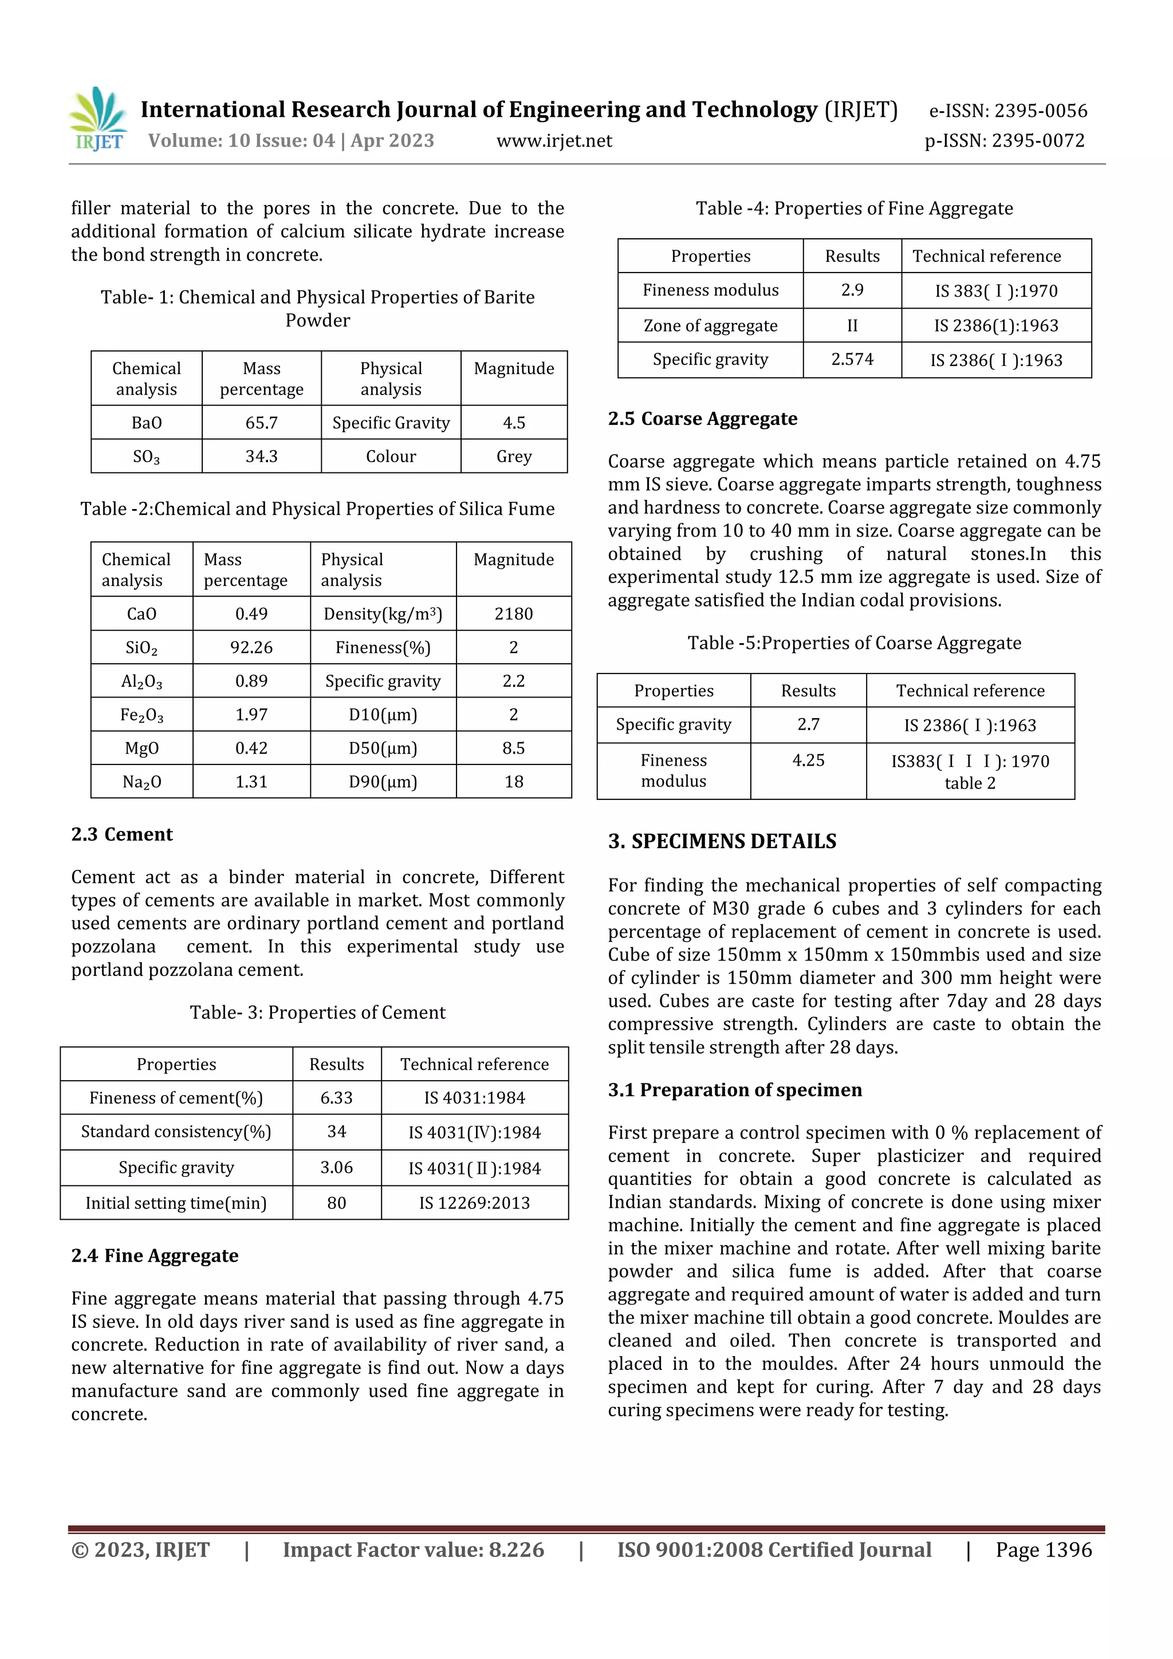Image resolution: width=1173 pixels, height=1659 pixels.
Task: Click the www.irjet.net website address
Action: pyautogui.click(x=554, y=141)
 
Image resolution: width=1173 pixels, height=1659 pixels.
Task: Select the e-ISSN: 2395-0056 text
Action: pyautogui.click(x=1007, y=111)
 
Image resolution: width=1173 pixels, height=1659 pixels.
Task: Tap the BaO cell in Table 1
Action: pyautogui.click(x=147, y=423)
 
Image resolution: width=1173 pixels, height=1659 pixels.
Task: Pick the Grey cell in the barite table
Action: pyautogui.click(x=514, y=456)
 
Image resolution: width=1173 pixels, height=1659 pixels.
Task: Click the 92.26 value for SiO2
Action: pyautogui.click(x=251, y=648)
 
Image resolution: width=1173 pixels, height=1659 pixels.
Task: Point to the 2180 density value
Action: pyautogui.click(x=514, y=614)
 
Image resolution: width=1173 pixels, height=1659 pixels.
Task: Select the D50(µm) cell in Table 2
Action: pyautogui.click(x=383, y=748)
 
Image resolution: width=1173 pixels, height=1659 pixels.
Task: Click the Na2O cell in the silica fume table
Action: pyautogui.click(x=141, y=782)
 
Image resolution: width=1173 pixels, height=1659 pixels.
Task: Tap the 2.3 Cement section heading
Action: pyautogui.click(x=121, y=834)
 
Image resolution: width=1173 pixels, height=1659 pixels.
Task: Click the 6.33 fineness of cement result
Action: pyautogui.click(x=337, y=1098)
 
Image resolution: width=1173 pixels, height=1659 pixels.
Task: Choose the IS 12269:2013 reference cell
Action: pyautogui.click(x=475, y=1203)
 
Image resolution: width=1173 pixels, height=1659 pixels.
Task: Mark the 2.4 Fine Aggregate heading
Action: pyautogui.click(x=155, y=1256)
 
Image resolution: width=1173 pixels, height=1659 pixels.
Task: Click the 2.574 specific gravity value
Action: pyautogui.click(x=852, y=360)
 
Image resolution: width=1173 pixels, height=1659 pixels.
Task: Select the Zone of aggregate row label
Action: pyautogui.click(x=710, y=326)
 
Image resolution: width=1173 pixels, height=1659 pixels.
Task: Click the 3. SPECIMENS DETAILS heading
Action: pyautogui.click(x=722, y=842)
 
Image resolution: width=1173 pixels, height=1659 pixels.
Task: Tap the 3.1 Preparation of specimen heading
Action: pyautogui.click(x=735, y=1090)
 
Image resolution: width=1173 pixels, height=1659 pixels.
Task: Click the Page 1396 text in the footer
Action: pyautogui.click(x=1044, y=1550)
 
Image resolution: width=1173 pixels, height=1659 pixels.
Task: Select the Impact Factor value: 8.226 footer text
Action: pyautogui.click(x=414, y=1550)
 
